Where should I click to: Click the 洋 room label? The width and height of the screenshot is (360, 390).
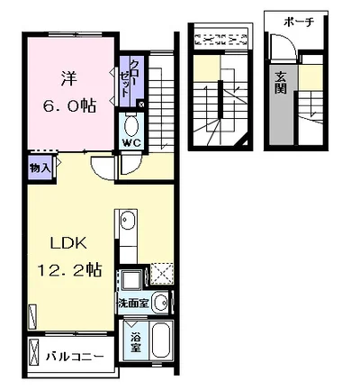(69, 78)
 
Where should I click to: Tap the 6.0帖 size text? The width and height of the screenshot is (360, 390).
(69, 105)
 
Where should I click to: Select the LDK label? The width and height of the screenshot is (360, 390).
(68, 243)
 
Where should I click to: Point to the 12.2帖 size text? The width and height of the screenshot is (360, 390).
(69, 269)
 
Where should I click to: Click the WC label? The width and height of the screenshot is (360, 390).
(131, 143)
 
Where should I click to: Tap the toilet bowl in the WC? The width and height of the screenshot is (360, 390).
(131, 126)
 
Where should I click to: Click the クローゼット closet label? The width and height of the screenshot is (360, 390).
(128, 78)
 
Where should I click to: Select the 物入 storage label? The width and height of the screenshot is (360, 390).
(40, 168)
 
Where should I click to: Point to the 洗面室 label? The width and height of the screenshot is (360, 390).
(133, 304)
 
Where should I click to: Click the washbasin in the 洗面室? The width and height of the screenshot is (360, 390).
(161, 303)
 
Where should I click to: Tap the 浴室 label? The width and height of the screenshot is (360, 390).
(136, 343)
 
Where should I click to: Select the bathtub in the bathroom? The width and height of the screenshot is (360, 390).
(162, 340)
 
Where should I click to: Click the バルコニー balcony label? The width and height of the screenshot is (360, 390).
(75, 357)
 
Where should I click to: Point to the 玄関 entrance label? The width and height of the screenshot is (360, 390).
(281, 83)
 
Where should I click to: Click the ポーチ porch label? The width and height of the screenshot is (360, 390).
(299, 23)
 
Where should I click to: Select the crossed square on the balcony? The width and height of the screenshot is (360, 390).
(35, 352)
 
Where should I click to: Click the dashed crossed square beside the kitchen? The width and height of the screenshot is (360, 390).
(162, 274)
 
